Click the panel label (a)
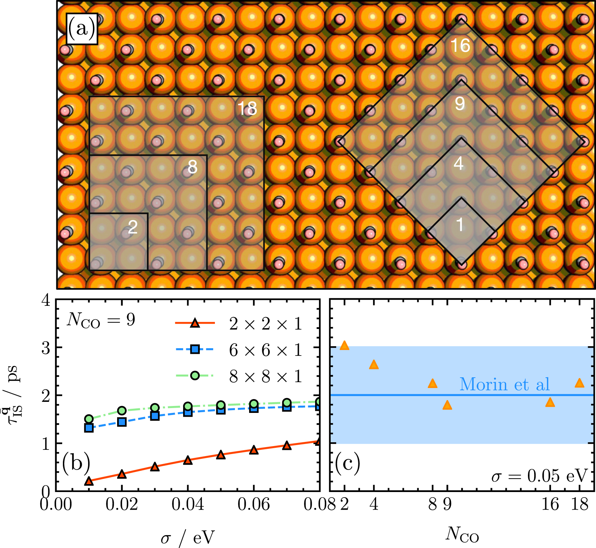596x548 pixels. (x=82, y=29)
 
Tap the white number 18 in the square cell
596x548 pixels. (x=247, y=109)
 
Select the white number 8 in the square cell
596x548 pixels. (x=192, y=167)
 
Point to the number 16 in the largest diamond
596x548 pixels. (x=460, y=46)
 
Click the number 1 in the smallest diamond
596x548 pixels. (x=460, y=225)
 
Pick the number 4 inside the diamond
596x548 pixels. (x=458, y=163)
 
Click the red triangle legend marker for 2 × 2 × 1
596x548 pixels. (x=195, y=323)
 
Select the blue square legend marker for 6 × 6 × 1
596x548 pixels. (x=195, y=349)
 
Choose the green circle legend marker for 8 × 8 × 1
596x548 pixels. (x=195, y=376)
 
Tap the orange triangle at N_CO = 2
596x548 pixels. (x=344, y=346)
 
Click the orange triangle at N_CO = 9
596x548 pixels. (x=447, y=405)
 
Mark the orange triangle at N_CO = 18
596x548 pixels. (x=579, y=383)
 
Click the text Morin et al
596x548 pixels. (x=504, y=384)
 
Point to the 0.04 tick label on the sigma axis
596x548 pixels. (x=188, y=504)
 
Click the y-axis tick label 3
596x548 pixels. (x=46, y=348)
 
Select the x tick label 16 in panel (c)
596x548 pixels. (x=550, y=504)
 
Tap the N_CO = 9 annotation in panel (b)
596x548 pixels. (x=101, y=320)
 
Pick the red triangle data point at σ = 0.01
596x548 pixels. (x=89, y=481)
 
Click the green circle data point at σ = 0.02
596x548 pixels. (x=122, y=410)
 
